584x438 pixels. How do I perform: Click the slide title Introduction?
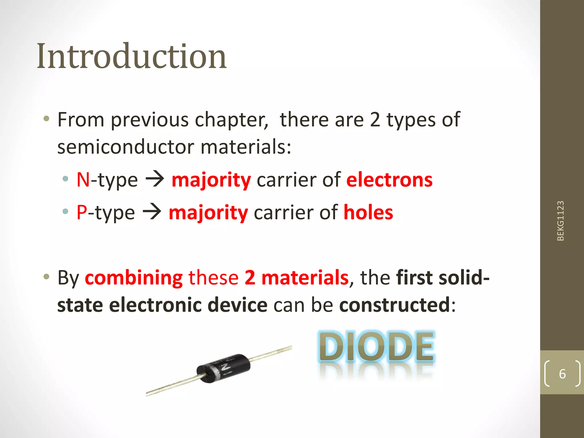pyautogui.click(x=131, y=56)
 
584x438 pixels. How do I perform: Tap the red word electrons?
pyautogui.click(x=389, y=180)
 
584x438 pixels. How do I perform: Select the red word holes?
pyautogui.click(x=368, y=212)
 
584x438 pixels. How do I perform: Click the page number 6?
pyautogui.click(x=562, y=374)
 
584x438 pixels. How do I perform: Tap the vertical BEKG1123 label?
pyautogui.click(x=561, y=221)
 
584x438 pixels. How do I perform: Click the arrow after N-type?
pyautogui.click(x=155, y=179)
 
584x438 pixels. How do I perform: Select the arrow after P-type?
pyautogui.click(x=152, y=212)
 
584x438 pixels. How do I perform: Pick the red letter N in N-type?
pyautogui.click(x=83, y=180)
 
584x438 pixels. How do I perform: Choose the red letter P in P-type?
pyautogui.click(x=82, y=212)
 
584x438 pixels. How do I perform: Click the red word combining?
pyautogui.click(x=134, y=278)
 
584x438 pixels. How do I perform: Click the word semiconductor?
pyautogui.click(x=126, y=147)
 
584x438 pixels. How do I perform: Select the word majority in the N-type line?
pyautogui.click(x=211, y=181)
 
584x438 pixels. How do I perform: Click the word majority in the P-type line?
pyautogui.click(x=208, y=213)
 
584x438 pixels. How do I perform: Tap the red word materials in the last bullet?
pyautogui.click(x=305, y=278)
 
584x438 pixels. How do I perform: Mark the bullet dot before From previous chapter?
pyautogui.click(x=46, y=118)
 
